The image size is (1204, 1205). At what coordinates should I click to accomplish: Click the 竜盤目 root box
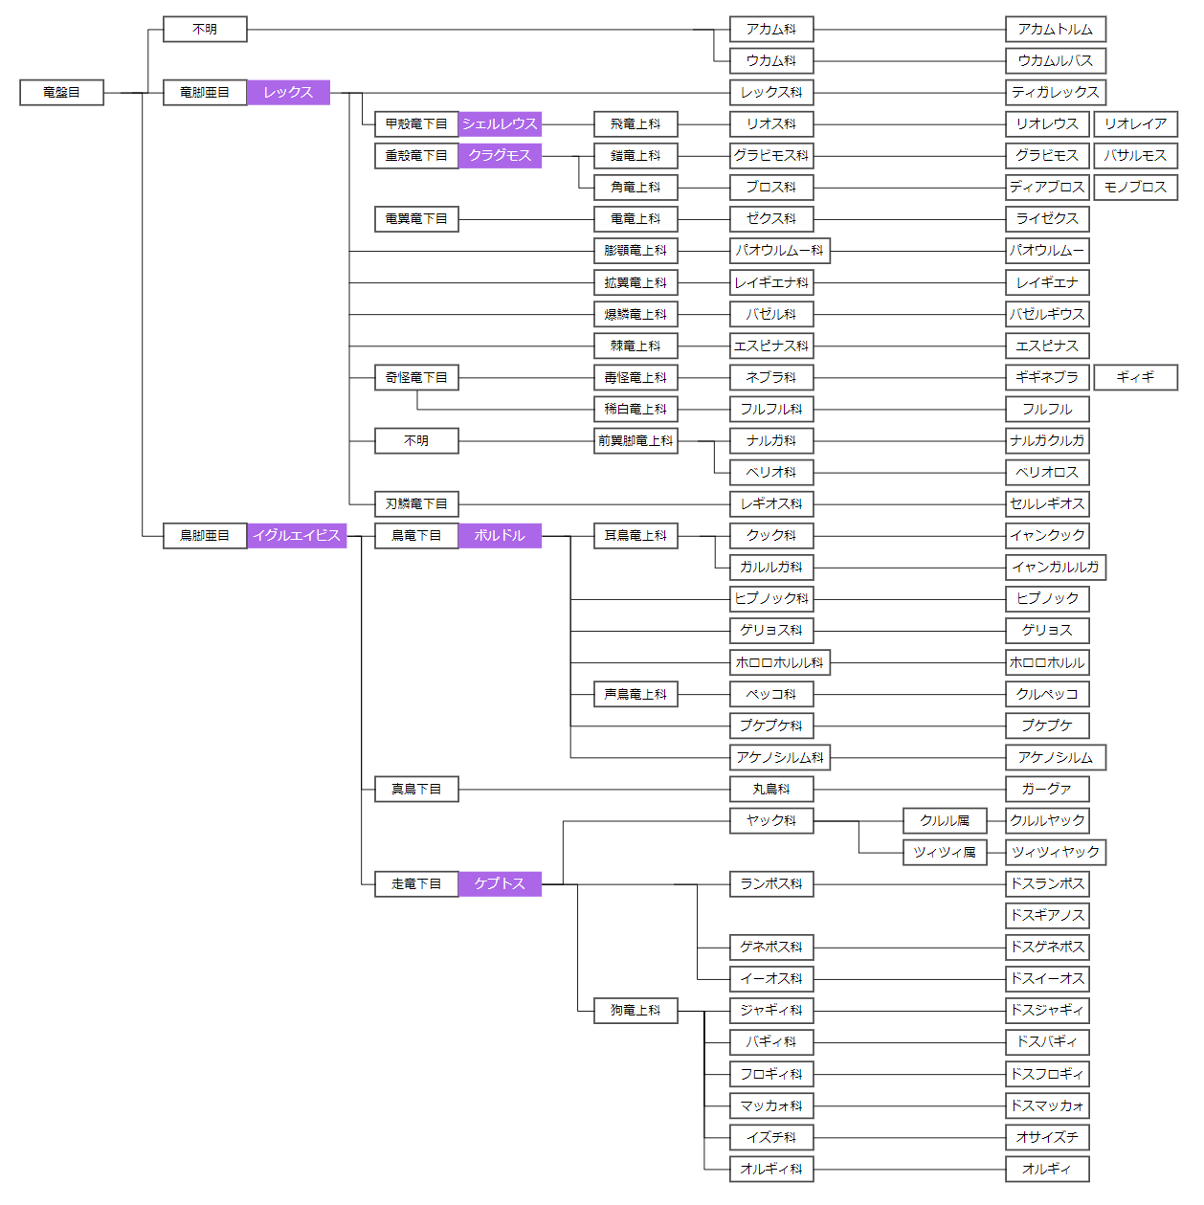tap(61, 93)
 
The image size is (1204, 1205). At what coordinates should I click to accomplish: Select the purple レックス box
tap(288, 93)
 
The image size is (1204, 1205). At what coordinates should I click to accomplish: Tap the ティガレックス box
tap(1056, 93)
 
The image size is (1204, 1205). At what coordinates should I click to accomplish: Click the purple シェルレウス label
tap(500, 124)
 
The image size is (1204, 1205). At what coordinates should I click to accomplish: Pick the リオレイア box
tap(1135, 124)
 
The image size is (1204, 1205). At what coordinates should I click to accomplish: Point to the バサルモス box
tap(1135, 156)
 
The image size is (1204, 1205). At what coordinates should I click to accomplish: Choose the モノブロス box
tap(1135, 188)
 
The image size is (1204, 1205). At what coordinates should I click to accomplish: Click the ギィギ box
tap(1135, 378)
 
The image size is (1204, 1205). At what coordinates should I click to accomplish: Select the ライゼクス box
tap(1047, 219)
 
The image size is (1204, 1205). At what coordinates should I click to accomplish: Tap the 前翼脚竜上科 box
tap(635, 441)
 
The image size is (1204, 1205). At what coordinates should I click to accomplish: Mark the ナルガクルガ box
tap(1047, 441)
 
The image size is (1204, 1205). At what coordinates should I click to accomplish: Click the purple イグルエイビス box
tap(297, 536)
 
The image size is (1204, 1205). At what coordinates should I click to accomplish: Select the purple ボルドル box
tap(500, 536)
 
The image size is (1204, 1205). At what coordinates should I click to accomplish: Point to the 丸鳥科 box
tap(771, 790)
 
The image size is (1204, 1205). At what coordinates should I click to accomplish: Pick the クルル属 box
tap(945, 821)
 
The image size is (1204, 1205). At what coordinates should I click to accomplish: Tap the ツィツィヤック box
tap(1056, 853)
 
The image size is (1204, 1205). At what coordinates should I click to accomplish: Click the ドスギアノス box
tap(1047, 916)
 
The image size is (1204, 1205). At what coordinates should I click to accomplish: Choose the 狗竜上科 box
tap(635, 1011)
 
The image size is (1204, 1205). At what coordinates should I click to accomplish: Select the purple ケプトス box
tap(500, 884)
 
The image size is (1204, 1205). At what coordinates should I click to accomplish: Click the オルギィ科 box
tap(771, 1170)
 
